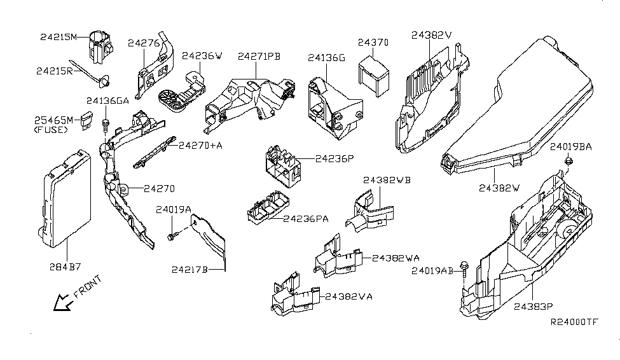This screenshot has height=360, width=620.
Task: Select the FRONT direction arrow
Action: (63, 303)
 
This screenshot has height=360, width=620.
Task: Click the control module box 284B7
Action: (65, 198)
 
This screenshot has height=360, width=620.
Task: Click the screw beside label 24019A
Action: (172, 237)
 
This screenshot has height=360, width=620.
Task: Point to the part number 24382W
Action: (500, 188)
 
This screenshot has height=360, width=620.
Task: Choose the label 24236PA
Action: (306, 219)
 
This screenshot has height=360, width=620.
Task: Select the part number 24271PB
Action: (259, 57)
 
